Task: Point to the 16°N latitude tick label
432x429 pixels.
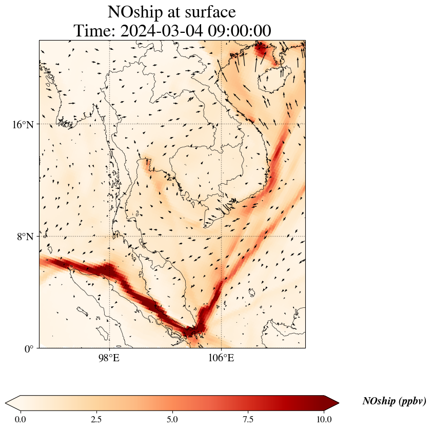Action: [x=23, y=125]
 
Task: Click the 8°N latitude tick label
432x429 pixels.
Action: [x=25, y=237]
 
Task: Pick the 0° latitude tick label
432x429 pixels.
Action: [x=29, y=349]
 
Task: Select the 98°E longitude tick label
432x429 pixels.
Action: [x=109, y=358]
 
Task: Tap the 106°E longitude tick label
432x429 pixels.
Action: [x=221, y=358]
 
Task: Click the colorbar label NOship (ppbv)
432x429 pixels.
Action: [x=394, y=401]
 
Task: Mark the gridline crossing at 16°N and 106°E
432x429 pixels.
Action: [x=221, y=124]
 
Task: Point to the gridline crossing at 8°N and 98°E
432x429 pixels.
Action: [x=109, y=237]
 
